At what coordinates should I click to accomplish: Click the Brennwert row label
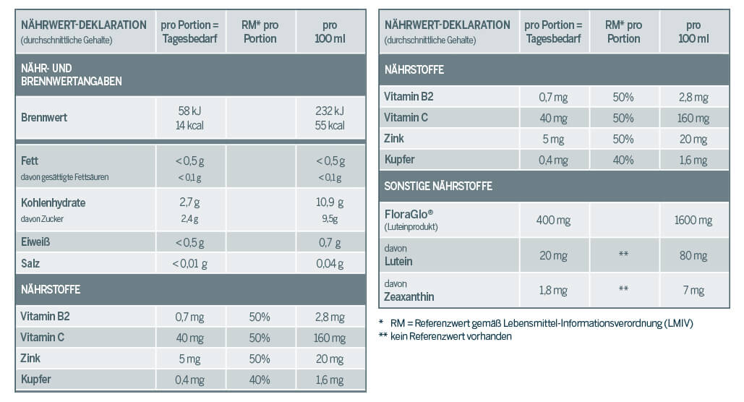[x=44, y=117]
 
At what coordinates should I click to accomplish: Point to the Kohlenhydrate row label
[x=54, y=203]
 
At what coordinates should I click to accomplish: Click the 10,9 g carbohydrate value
[x=330, y=203]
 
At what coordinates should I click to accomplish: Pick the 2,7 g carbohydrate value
[x=190, y=203]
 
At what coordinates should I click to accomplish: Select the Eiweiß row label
[x=36, y=242]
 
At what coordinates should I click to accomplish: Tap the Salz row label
[x=30, y=263]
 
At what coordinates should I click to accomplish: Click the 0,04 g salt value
[x=330, y=263]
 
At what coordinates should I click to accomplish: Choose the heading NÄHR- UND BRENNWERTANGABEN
[x=71, y=75]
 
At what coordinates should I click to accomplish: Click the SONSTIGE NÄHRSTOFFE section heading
[x=438, y=186]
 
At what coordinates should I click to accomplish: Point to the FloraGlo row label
[x=412, y=214]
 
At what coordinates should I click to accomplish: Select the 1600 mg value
[x=693, y=220]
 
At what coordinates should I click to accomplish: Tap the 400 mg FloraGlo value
[x=553, y=220]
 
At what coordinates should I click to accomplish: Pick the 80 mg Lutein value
[x=693, y=255]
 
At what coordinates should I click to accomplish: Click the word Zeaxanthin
[x=409, y=296]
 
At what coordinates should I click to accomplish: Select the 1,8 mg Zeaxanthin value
[x=553, y=291]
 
